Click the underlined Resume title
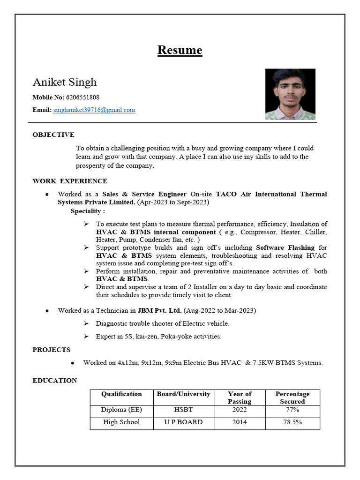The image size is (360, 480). (180, 50)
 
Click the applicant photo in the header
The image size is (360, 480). (290, 94)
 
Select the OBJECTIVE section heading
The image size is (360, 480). (53, 135)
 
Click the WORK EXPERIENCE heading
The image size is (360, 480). (70, 181)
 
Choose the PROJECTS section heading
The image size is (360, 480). (52, 350)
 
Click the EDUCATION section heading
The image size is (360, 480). (55, 381)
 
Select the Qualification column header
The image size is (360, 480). (121, 394)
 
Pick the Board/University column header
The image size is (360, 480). (183, 394)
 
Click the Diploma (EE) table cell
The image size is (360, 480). (121, 410)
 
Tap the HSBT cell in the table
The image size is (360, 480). (183, 410)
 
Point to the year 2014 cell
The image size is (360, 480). (240, 422)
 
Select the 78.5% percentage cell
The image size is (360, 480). (292, 422)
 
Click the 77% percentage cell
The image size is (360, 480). (292, 410)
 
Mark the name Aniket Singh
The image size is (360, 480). (65, 82)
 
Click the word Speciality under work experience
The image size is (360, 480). (87, 211)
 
